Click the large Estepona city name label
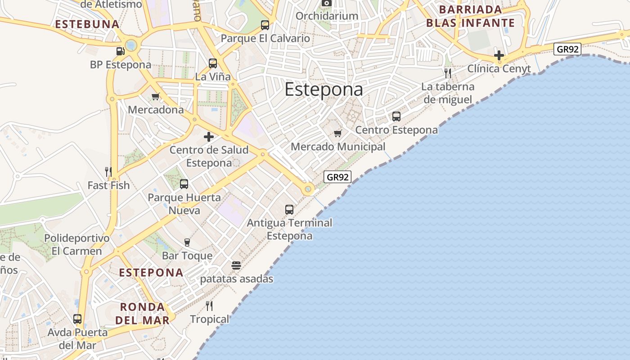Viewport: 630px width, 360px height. [324, 89]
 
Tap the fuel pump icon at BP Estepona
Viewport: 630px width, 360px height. [120, 51]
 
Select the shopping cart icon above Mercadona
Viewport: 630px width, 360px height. [156, 96]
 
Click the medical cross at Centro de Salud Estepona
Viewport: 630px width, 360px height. [209, 137]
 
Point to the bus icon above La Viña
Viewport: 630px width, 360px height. [213, 63]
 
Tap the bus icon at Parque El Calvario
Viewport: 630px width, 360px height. [265, 25]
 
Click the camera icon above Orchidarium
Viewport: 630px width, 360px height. [327, 3]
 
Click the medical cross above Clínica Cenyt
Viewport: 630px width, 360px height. [499, 55]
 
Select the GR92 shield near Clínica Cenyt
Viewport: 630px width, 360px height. [567, 49]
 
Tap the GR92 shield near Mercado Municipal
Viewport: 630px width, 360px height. [337, 177]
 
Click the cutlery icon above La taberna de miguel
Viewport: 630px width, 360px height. [448, 73]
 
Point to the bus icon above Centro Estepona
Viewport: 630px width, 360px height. [396, 117]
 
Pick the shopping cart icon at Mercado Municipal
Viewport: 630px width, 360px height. [338, 133]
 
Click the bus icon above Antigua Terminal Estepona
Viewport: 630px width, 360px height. [289, 209]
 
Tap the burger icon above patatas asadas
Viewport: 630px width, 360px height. [236, 265]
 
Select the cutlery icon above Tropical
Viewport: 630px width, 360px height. [209, 306]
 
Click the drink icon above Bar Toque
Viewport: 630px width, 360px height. [187, 243]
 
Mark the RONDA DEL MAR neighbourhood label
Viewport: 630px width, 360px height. [142, 314]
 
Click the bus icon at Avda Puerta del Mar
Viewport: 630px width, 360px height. [77, 319]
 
